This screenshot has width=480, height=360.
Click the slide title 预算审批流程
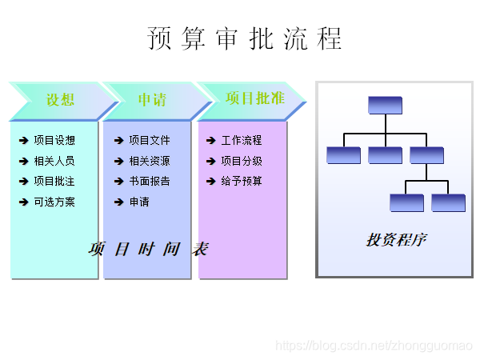point(244,38)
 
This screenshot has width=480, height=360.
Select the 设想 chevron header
point(60,100)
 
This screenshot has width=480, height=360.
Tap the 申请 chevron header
point(152,100)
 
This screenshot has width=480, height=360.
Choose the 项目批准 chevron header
point(254,98)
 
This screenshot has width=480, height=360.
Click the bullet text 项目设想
point(54,141)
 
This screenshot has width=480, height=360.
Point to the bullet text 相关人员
point(54,161)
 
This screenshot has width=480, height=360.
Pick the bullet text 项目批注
point(54,182)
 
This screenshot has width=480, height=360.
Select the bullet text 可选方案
point(54,202)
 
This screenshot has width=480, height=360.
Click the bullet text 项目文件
point(150,141)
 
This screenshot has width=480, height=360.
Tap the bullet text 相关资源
point(150,161)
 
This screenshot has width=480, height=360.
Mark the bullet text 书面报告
point(150,182)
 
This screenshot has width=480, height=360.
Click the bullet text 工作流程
point(242,141)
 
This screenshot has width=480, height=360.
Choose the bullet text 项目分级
point(242,161)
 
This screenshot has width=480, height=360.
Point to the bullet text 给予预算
point(242,182)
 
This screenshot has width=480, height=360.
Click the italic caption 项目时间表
point(148,249)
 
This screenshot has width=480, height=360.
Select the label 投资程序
point(395,240)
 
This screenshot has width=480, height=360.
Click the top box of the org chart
point(385,105)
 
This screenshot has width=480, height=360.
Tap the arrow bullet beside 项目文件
point(119,141)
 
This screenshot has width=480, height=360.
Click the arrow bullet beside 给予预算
point(211,182)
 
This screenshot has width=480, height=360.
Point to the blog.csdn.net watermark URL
point(374,345)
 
